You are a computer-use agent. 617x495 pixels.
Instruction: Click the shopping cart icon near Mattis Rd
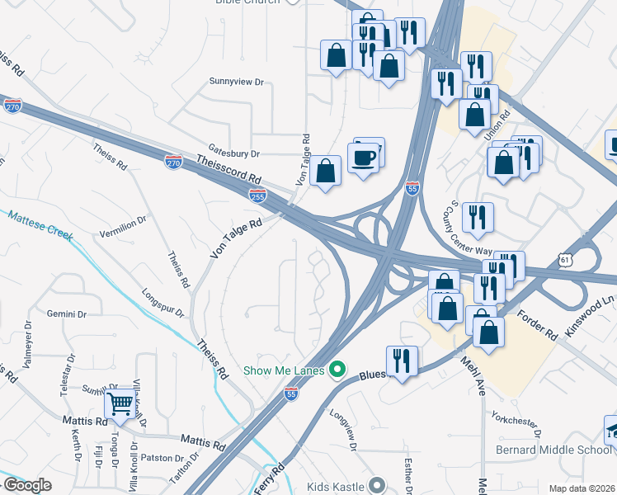pyautogui.click(x=120, y=403)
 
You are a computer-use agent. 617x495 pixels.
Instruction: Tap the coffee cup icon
pyautogui.click(x=364, y=157)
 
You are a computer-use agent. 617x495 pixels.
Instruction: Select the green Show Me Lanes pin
pyautogui.click(x=336, y=370)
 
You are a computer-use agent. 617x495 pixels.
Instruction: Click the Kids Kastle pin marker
pyautogui.click(x=377, y=486)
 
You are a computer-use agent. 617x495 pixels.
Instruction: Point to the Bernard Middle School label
pyautogui.click(x=553, y=450)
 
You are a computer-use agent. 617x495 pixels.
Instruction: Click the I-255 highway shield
pyautogui.click(x=257, y=194)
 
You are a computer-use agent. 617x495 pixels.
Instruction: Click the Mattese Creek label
pyautogui.click(x=40, y=227)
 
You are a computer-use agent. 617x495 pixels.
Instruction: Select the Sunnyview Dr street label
pyautogui.click(x=236, y=82)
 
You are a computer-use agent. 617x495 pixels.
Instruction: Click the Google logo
pyautogui.click(x=27, y=485)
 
